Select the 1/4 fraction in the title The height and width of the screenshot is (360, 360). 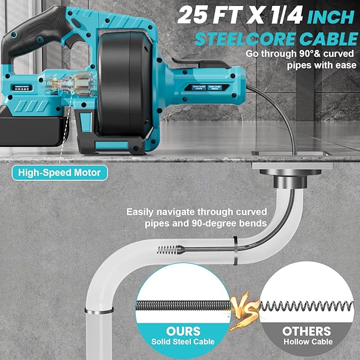[284, 15]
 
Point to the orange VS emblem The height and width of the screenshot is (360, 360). [245, 308]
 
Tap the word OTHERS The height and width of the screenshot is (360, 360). [306, 331]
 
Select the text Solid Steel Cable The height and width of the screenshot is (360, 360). [182, 343]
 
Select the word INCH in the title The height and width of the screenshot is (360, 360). [330, 16]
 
